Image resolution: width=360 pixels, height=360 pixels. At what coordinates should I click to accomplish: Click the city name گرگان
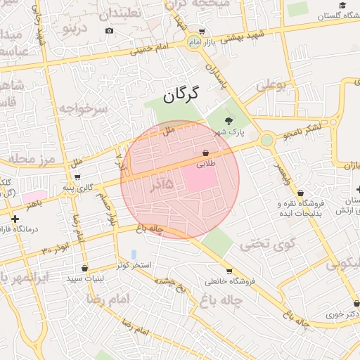pyautogui.click(x=181, y=94)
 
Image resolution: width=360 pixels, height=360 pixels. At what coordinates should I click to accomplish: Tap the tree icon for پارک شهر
pyautogui.click(x=227, y=120)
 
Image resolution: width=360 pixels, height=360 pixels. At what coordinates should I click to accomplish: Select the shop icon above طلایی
pyautogui.click(x=205, y=153)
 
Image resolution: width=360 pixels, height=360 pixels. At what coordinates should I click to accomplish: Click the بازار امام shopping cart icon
pyautogui.click(x=202, y=32)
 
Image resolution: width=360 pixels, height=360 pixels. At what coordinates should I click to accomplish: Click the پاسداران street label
pyautogui.click(x=215, y=73)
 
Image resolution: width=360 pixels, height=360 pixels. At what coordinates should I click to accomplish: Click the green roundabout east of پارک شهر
pyautogui.click(x=266, y=141)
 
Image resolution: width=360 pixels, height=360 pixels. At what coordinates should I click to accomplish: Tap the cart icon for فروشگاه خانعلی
pyautogui.click(x=229, y=271)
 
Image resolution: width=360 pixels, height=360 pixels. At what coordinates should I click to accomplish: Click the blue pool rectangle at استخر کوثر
pyautogui.click(x=134, y=254)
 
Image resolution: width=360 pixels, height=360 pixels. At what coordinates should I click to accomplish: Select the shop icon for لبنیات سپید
pyautogui.click(x=85, y=268)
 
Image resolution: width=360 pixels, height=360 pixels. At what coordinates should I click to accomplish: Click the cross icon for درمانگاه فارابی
pyautogui.click(x=15, y=219)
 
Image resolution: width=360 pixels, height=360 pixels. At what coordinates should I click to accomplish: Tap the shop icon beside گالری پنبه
pyautogui.click(x=77, y=177)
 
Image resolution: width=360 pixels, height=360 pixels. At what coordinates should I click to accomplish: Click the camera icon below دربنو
pyautogui.click(x=108, y=31)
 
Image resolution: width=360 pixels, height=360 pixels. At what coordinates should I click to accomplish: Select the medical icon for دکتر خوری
pyautogui.click(x=337, y=304)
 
